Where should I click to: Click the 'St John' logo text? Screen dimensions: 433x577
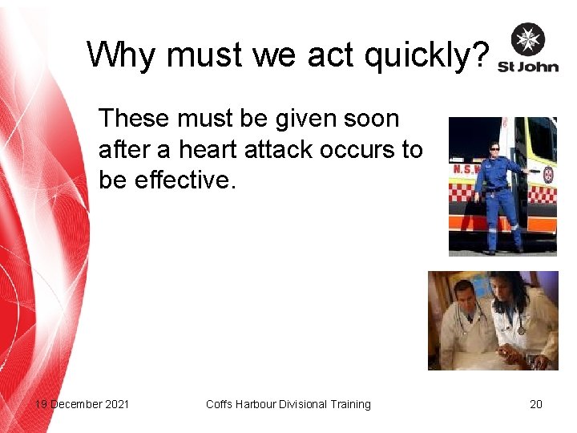528,67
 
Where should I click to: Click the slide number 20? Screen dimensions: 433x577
536,404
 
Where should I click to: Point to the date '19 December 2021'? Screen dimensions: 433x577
82,404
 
